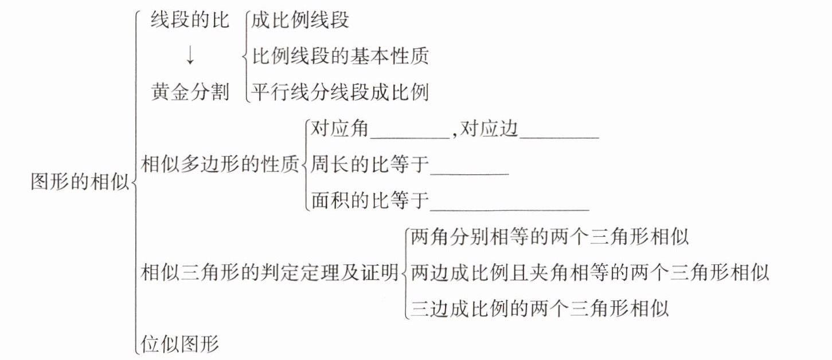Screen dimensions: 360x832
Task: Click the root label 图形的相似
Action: [80, 182]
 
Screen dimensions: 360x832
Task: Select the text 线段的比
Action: [190, 21]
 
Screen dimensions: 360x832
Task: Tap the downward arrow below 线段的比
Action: [190, 56]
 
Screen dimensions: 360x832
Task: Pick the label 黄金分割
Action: [190, 92]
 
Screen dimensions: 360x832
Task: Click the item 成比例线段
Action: [300, 21]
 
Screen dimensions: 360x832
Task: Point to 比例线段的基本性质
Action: [341, 56]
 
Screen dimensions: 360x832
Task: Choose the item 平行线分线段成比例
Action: [341, 92]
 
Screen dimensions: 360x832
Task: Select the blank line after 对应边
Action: [559, 135]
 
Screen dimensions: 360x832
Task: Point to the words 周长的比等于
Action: [370, 166]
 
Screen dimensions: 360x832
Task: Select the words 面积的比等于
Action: [370, 201]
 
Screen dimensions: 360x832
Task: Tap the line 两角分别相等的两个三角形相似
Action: [550, 238]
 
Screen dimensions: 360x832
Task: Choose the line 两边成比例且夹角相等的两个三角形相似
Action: [590, 273]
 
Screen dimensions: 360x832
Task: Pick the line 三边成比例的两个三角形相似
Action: [540, 309]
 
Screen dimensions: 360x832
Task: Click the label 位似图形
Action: [180, 345]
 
